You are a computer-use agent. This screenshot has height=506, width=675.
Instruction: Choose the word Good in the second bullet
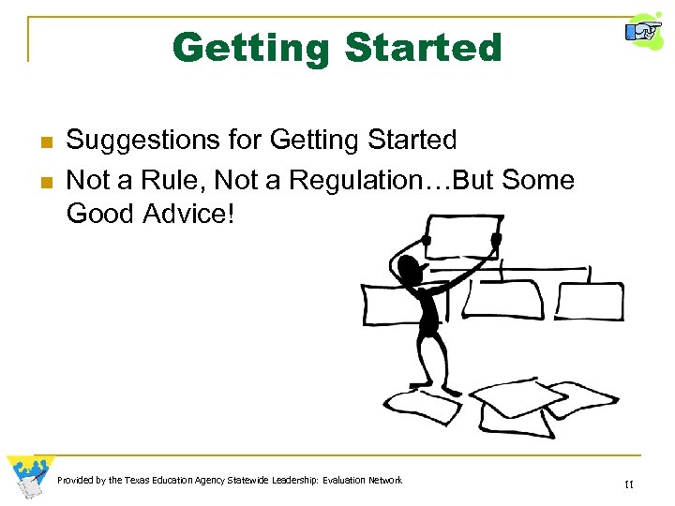click(x=100, y=213)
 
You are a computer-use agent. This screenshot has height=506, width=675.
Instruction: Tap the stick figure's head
click(x=411, y=271)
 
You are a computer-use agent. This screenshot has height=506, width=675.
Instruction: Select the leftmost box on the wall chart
click(x=394, y=302)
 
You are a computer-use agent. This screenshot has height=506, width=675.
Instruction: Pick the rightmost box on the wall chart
click(x=591, y=301)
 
